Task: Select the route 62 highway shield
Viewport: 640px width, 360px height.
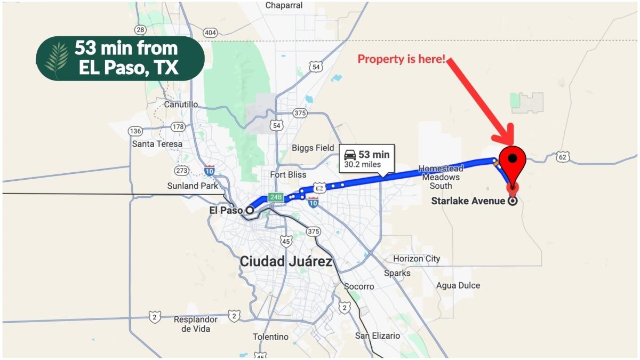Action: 562,157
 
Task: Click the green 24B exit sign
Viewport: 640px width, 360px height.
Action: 275,197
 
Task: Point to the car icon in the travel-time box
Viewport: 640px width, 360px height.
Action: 350,155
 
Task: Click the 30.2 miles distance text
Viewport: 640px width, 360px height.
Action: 362,165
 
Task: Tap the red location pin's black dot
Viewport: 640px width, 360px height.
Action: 513,158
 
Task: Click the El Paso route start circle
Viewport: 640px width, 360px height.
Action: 249,210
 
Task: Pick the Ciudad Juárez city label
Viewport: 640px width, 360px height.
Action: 286,262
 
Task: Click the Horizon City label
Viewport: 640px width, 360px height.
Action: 417,259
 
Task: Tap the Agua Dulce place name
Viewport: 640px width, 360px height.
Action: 458,285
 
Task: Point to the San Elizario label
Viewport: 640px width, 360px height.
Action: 378,335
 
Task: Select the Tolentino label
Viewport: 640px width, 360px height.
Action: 270,337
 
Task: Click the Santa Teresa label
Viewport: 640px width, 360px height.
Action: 157,144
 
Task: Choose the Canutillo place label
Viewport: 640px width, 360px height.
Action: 181,105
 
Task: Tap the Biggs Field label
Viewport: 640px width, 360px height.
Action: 313,148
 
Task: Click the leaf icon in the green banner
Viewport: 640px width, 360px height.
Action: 56,59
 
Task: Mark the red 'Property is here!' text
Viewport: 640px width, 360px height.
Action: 401,59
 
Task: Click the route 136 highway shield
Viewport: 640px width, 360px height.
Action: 135,131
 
